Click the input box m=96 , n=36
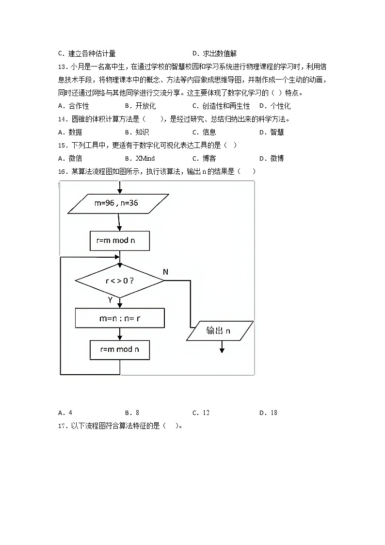[116, 203]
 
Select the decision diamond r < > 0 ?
[119, 281]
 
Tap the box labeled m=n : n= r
[119, 318]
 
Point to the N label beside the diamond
[165, 272]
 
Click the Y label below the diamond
[110, 300]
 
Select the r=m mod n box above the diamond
[119, 240]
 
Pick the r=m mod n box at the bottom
[119, 349]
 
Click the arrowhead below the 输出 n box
[222, 349]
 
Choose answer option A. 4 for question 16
[65, 413]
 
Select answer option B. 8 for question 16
[132, 413]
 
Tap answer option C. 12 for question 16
[201, 413]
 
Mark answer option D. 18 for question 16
[268, 413]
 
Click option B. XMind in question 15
[140, 158]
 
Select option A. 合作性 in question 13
[73, 106]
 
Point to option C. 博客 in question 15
[204, 158]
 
